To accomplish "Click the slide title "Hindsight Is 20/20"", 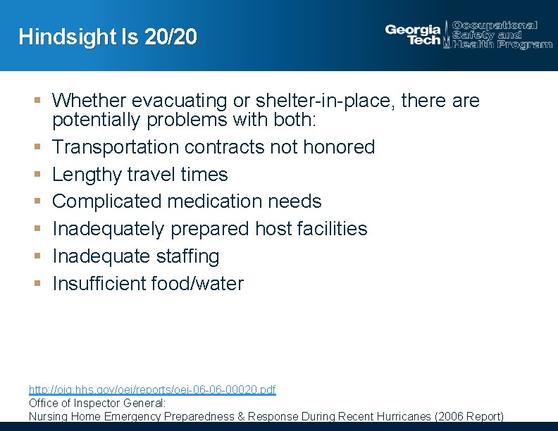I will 108,37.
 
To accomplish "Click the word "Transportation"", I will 116,146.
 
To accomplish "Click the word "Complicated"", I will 106,201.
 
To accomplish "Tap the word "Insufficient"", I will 99,284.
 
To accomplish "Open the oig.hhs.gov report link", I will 152,389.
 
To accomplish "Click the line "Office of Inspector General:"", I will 97,403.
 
